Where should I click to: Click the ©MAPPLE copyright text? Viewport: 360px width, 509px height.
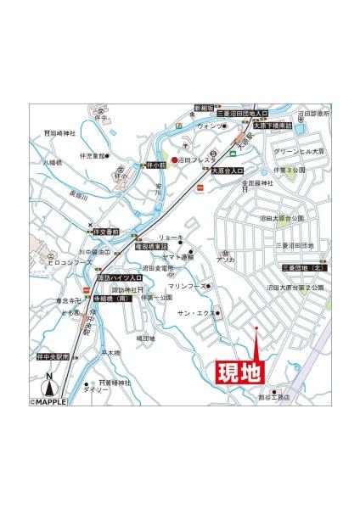(x=53, y=401)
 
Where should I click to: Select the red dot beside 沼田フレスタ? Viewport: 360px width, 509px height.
(x=175, y=159)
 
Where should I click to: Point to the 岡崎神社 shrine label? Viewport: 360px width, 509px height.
(x=61, y=133)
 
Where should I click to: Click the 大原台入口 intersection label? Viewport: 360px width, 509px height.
(x=227, y=171)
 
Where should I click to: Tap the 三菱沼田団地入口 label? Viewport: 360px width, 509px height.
(x=243, y=112)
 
